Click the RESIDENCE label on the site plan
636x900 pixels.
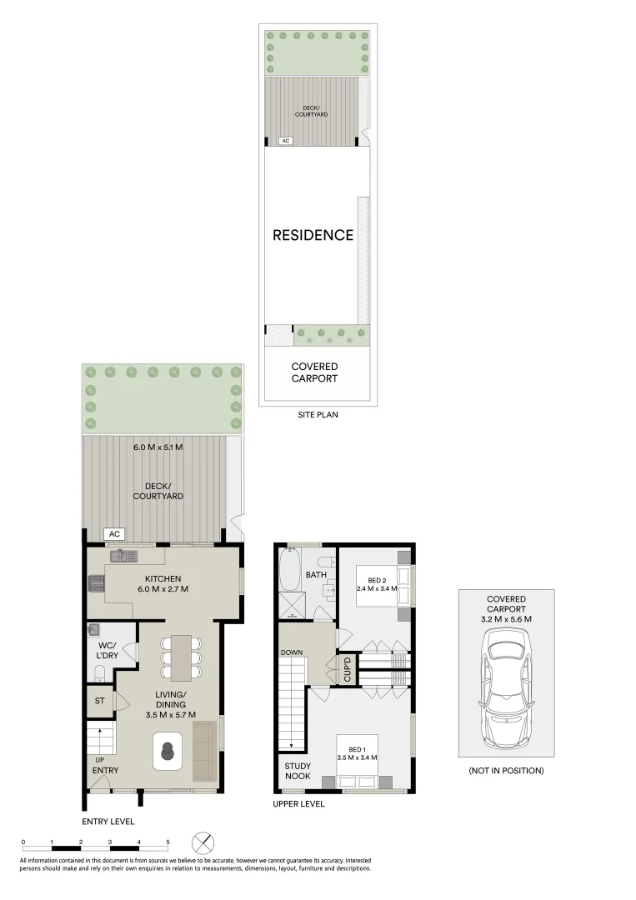[313, 235]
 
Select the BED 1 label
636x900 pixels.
[357, 752]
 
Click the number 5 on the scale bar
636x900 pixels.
[168, 842]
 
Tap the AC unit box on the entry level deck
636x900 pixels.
[113, 534]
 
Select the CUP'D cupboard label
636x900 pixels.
[348, 669]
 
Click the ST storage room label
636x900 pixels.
[99, 701]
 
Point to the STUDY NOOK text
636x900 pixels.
[298, 771]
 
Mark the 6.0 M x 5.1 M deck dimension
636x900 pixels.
[158, 447]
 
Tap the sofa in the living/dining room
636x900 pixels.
[203, 751]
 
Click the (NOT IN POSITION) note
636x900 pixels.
[506, 771]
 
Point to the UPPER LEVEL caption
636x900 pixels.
[298, 804]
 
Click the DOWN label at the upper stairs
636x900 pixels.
[292, 652]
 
